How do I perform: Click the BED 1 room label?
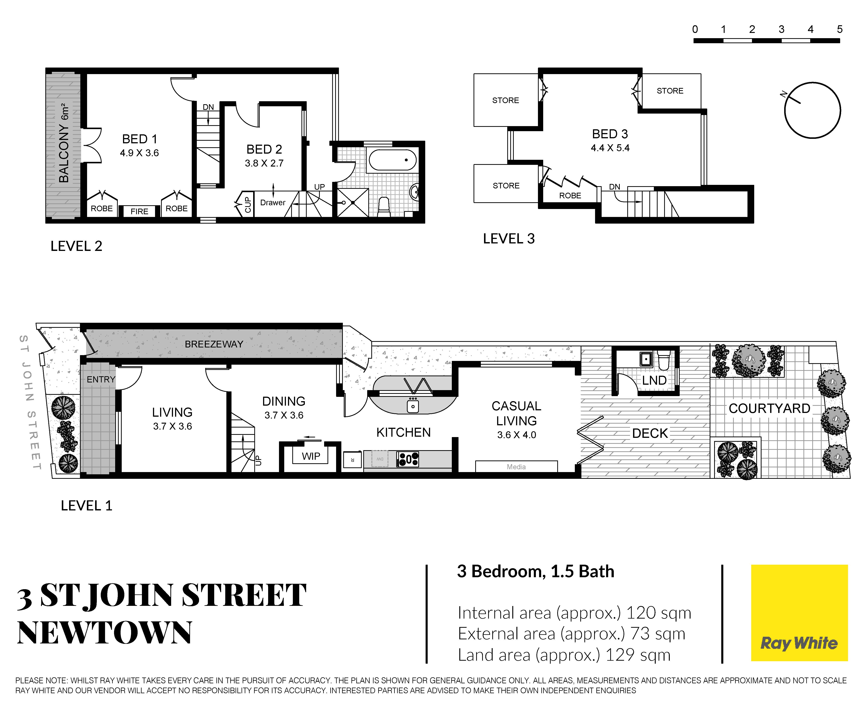(139, 139)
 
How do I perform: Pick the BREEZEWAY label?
(214, 344)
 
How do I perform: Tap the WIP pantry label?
(311, 456)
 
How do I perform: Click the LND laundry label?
(654, 381)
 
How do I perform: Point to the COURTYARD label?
(769, 408)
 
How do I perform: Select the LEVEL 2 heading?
(76, 246)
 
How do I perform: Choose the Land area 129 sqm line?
(564, 654)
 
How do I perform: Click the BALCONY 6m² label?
(64, 143)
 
